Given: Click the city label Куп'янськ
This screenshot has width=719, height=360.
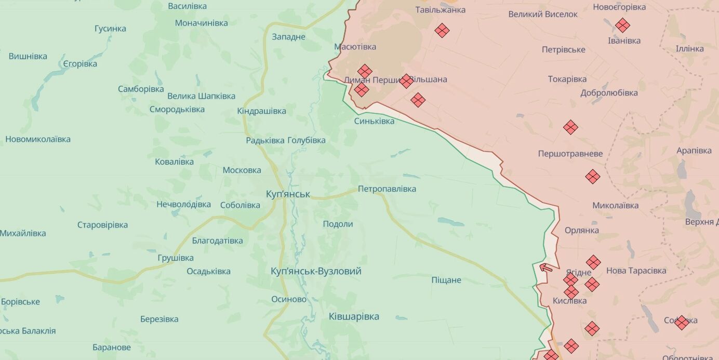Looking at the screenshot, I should (x=287, y=194).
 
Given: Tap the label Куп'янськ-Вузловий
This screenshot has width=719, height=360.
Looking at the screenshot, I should (x=316, y=271).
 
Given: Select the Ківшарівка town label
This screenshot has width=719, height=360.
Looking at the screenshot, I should (x=354, y=316).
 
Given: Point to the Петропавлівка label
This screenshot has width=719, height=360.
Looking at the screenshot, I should (x=387, y=189).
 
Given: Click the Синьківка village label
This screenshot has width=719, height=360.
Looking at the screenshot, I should (x=374, y=121).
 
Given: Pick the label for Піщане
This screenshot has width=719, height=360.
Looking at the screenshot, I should (x=446, y=280).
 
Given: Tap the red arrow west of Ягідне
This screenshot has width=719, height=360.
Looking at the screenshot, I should (x=546, y=268).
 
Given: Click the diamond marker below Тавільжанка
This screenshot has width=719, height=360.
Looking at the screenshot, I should (x=442, y=31).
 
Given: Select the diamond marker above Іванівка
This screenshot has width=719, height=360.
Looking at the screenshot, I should (x=622, y=25).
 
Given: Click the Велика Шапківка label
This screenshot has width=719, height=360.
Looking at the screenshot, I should (x=201, y=96).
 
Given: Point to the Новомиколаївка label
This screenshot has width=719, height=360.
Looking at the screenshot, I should (x=38, y=139).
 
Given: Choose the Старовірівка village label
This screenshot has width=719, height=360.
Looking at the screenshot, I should (x=102, y=225).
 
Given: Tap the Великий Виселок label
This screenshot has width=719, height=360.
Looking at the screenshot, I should (x=542, y=14).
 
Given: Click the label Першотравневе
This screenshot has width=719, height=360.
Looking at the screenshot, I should (x=570, y=154).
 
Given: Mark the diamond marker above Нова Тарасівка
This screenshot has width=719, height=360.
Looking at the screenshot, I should (x=593, y=262).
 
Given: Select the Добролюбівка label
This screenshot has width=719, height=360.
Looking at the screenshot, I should (x=609, y=93).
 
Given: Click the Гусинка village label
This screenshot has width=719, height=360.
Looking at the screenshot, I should (x=110, y=29).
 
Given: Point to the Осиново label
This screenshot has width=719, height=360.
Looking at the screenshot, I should (x=289, y=299).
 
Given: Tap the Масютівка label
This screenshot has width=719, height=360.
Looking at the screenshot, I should (x=355, y=47).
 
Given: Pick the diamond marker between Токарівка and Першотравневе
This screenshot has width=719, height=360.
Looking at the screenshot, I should (x=570, y=127).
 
